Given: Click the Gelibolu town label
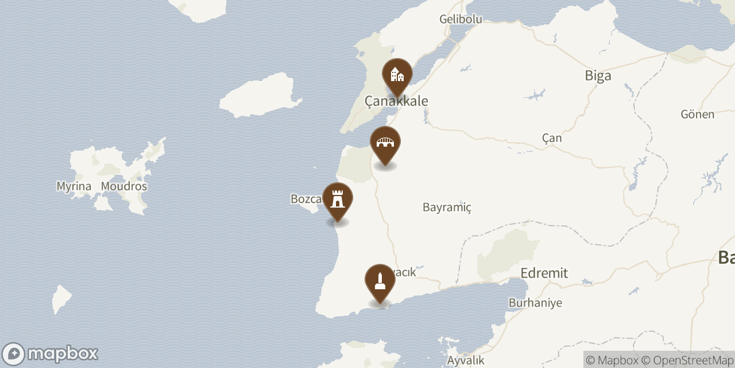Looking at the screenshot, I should tap(460, 19).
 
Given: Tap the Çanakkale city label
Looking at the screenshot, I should tap(396, 101).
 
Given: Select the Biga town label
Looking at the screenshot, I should tap(598, 75).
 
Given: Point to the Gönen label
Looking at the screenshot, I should tap(697, 114).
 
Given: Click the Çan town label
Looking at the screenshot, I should tap(552, 138).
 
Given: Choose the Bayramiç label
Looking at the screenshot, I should tap(447, 207).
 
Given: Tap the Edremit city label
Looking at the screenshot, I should tap(544, 273).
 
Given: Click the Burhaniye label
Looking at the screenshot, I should tap(535, 302).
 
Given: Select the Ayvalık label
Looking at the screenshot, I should tap(466, 361).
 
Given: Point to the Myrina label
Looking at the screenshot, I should tap(74, 186).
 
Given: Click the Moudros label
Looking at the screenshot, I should tap(124, 186).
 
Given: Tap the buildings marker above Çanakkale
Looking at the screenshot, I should tap(397, 75).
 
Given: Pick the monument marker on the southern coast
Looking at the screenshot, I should tap(380, 281).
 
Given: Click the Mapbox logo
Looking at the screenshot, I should tap(50, 354).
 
